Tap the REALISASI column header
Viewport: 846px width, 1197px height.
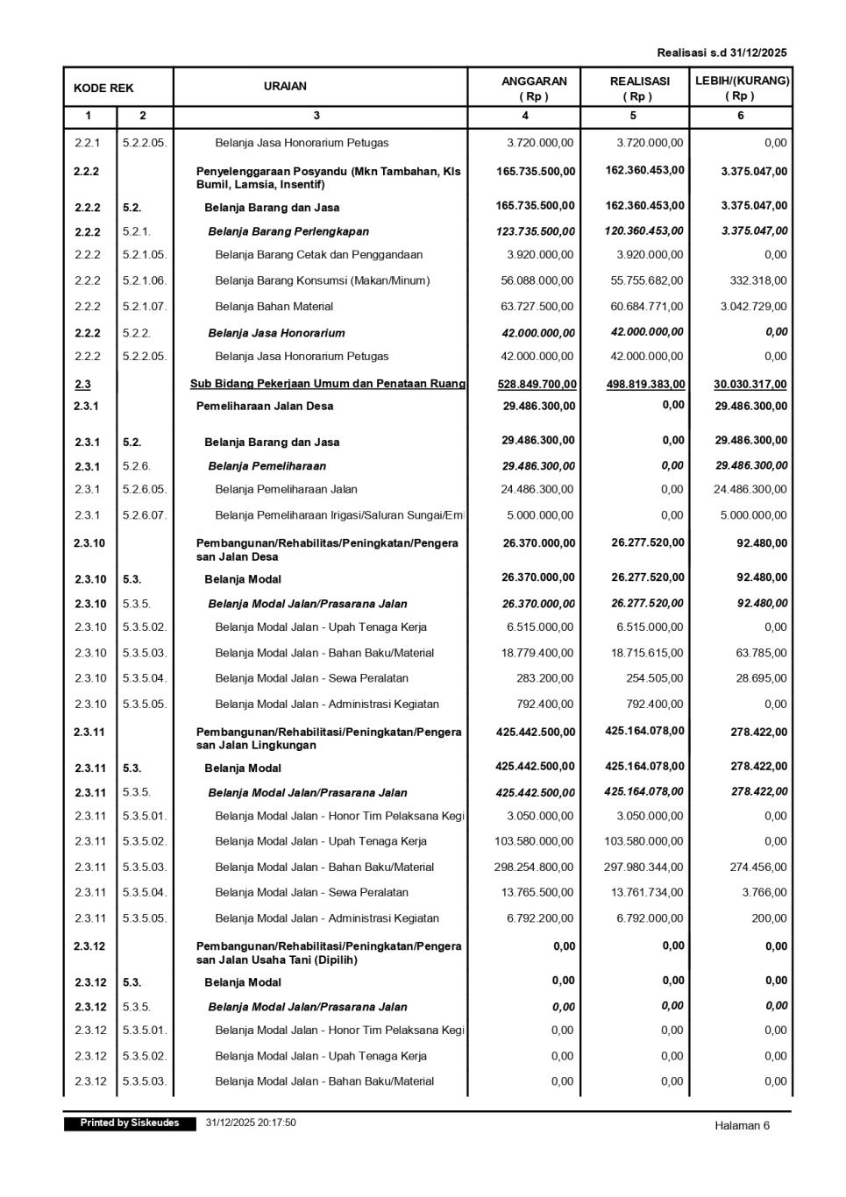click(x=639, y=88)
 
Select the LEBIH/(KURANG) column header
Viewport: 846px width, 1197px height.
click(x=742, y=88)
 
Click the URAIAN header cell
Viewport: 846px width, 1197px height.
click(x=286, y=86)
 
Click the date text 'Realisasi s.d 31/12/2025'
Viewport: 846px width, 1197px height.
click(x=722, y=53)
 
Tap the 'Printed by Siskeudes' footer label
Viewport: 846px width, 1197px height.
click(x=130, y=1123)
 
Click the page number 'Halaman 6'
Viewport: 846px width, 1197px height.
click(x=742, y=1126)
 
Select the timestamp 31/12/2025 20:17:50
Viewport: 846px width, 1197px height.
click(x=251, y=1123)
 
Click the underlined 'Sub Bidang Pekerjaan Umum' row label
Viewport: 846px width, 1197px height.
click(x=328, y=384)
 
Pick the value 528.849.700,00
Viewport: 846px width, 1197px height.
click(x=537, y=385)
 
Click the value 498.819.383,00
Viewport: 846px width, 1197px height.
click(x=646, y=385)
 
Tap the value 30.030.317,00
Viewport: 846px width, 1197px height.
click(x=750, y=385)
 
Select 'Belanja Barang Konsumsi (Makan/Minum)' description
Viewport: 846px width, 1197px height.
click(x=323, y=280)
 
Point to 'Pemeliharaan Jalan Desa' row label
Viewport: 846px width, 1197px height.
click(x=265, y=406)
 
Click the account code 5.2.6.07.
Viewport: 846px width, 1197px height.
click(x=145, y=515)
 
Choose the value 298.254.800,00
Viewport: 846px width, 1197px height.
click(x=534, y=867)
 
